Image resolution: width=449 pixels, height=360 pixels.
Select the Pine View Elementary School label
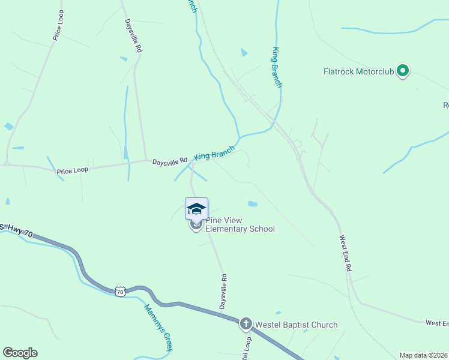(240, 224)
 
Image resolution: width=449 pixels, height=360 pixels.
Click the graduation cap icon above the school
(196, 208)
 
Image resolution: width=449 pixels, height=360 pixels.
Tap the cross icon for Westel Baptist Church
(246, 325)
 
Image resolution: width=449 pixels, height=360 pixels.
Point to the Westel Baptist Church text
(296, 325)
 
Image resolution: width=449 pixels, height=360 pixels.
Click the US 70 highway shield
(121, 292)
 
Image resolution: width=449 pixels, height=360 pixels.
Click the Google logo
(20, 353)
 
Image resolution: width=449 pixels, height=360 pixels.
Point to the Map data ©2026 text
(424, 355)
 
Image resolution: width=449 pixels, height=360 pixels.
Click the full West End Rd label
(345, 254)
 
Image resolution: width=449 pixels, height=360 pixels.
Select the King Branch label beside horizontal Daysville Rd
(214, 153)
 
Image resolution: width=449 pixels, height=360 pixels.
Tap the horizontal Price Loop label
(73, 170)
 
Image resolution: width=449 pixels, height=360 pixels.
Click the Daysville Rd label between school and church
(223, 292)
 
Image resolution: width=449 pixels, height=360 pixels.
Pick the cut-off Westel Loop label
(246, 349)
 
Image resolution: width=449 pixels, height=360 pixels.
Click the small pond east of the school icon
(253, 204)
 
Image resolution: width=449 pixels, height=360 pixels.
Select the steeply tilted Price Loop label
(58, 25)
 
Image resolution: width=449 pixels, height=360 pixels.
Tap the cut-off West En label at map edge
(437, 323)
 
